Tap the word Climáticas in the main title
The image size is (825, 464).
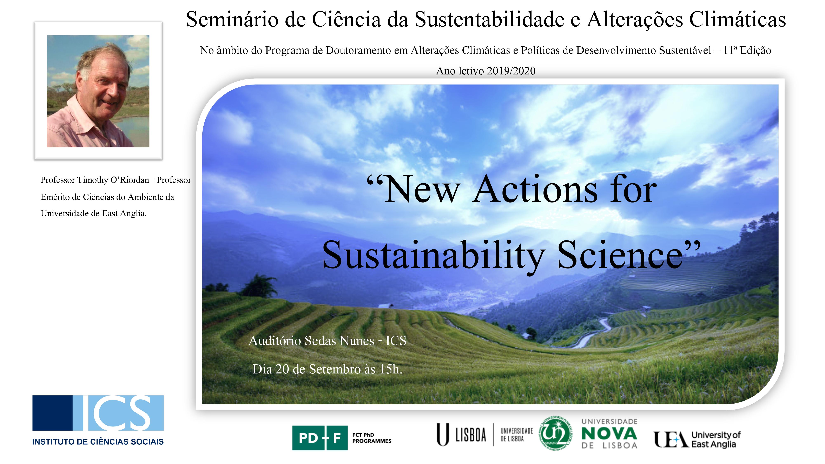737,19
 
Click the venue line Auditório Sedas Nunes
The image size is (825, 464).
311,341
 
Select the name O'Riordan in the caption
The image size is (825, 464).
130,180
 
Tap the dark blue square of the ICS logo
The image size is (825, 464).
53,413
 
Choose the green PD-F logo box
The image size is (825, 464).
320,438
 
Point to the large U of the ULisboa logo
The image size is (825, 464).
443,435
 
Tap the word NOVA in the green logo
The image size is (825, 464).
609,433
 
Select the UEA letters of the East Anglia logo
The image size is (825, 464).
671,439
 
